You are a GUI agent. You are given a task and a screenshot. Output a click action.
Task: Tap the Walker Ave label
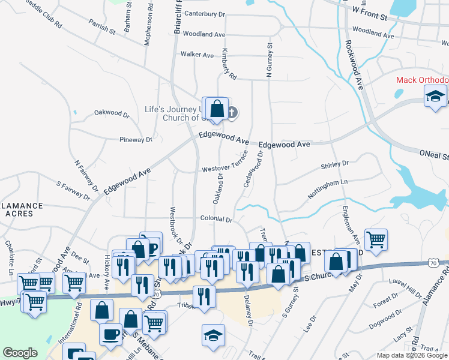click(x=197, y=55)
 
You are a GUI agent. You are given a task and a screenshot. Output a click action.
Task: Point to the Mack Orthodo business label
click(x=422, y=80)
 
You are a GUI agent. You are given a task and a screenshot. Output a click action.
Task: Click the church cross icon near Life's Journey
click(x=233, y=112)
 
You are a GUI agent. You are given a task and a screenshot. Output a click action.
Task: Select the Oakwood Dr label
click(x=112, y=113)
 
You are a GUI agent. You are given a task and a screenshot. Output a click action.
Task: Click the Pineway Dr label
click(x=136, y=140)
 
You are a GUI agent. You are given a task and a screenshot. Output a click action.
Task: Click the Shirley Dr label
click(x=335, y=164)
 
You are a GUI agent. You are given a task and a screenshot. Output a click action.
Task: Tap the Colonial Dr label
click(x=216, y=220)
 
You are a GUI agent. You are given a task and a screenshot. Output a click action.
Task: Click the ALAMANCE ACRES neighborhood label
click(x=22, y=209)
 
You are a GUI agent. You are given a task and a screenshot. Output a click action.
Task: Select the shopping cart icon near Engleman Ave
click(x=376, y=239)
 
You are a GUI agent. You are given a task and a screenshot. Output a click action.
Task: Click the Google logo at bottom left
click(x=20, y=353)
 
